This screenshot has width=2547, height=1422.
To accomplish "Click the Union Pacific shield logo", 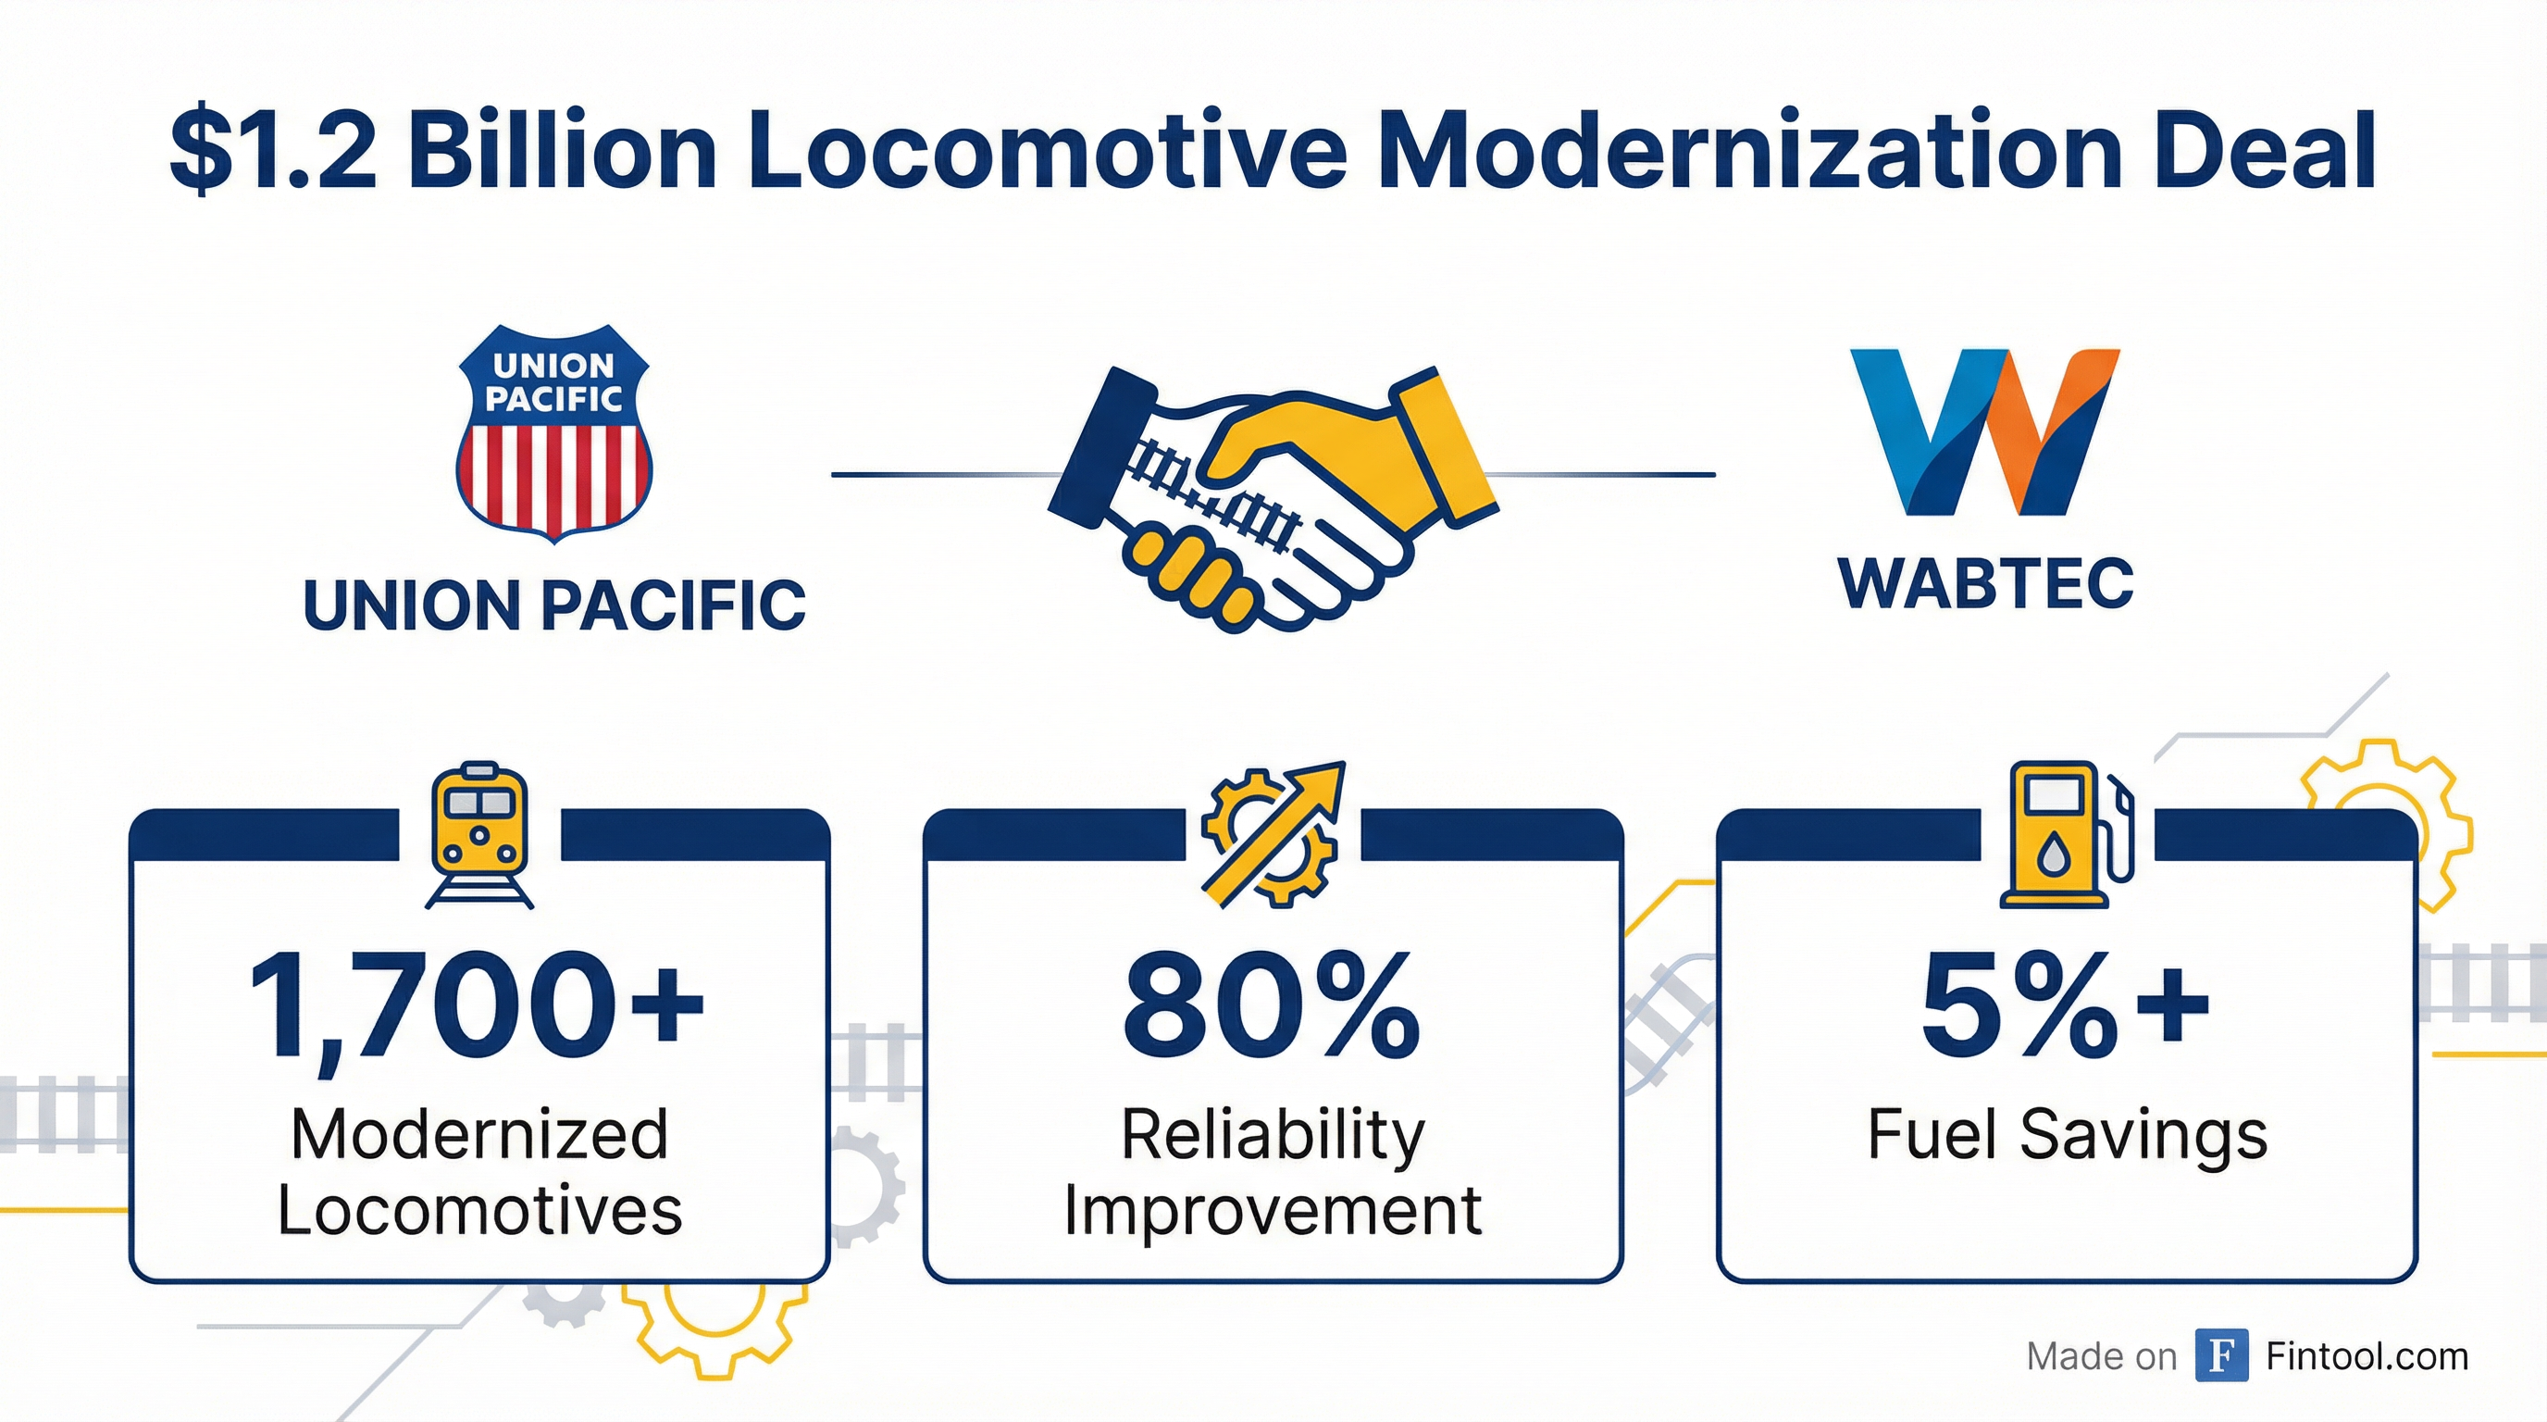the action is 553,434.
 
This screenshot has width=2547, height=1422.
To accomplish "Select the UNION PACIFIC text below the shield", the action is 553,605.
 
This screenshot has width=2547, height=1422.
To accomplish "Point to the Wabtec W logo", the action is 1984,431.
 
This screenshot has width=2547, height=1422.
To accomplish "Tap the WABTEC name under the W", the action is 1985,584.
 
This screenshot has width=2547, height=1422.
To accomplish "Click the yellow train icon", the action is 479,835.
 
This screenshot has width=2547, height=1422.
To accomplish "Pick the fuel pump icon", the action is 2067,835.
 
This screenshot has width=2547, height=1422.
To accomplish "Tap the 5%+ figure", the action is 2066,1004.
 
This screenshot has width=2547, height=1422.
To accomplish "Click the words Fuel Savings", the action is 2067,1135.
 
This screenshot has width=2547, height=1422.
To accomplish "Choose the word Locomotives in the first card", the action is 479,1210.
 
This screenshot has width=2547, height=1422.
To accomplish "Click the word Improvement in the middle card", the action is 1273,1210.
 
